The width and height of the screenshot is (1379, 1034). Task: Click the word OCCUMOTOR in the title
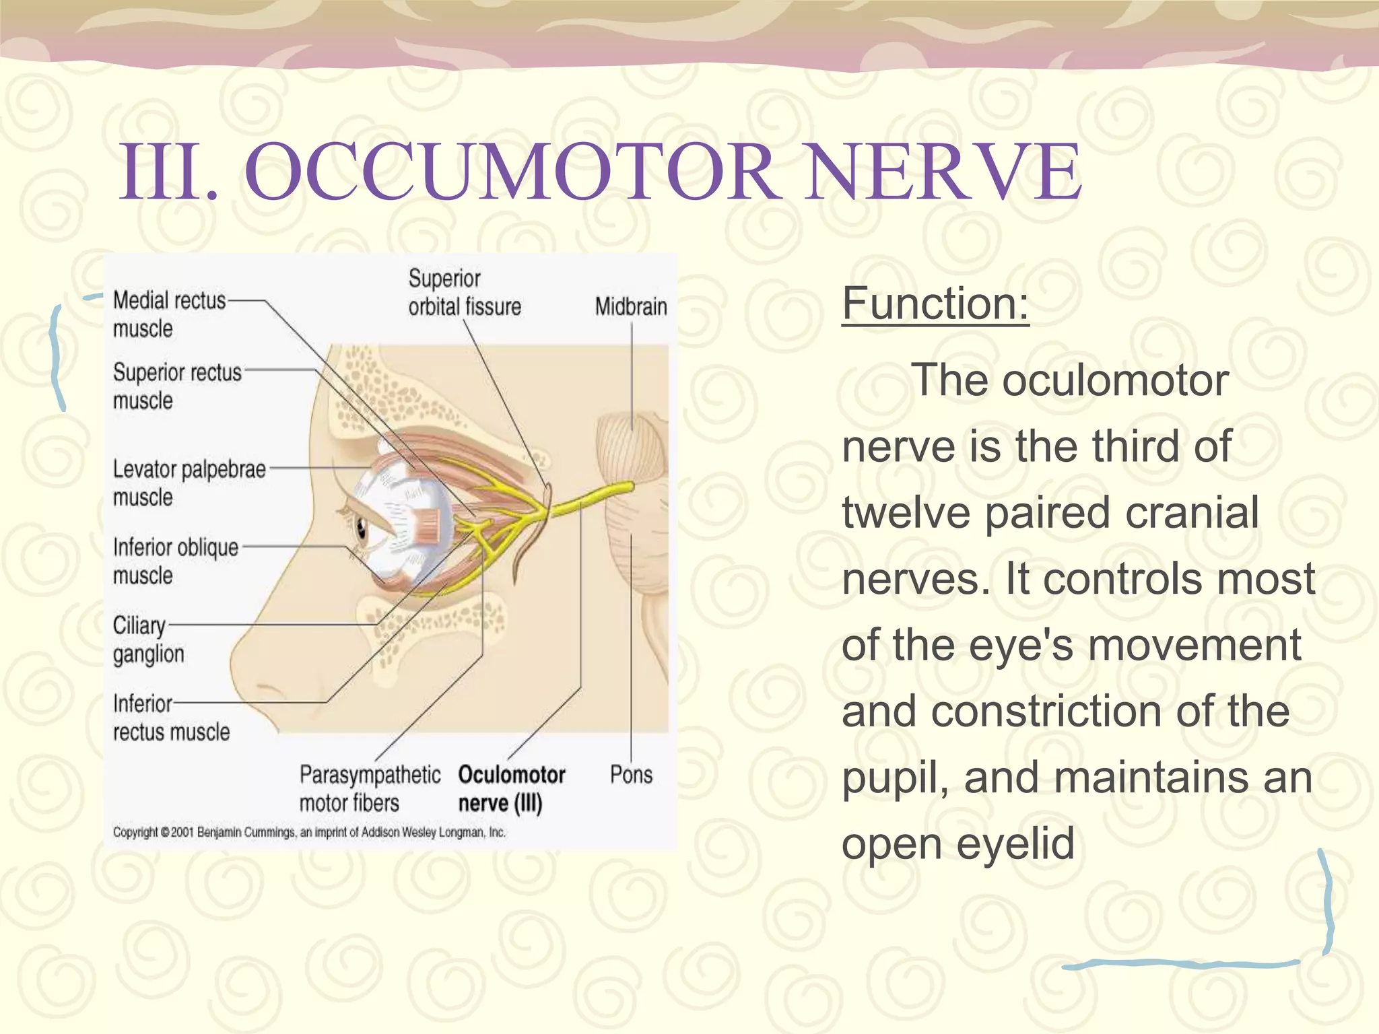(x=512, y=172)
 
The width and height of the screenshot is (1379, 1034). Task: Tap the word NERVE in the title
(x=943, y=172)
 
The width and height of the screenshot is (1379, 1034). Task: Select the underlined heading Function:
(x=935, y=304)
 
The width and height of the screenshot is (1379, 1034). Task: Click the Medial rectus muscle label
(x=168, y=314)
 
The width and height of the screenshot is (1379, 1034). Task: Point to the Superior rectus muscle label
(x=176, y=386)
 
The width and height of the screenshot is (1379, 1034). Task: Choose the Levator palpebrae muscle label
(x=189, y=483)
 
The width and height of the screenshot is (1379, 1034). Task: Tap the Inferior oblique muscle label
(x=175, y=561)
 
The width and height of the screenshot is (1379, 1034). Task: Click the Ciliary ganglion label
(x=148, y=640)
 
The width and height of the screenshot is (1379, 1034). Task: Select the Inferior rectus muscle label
(x=171, y=718)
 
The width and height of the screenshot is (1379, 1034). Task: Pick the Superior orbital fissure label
(x=464, y=293)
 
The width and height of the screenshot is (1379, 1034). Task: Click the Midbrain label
(x=630, y=307)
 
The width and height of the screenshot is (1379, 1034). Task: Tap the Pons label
(x=630, y=775)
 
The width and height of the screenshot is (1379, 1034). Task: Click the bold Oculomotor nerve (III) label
(x=511, y=788)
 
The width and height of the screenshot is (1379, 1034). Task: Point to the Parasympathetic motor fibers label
(x=369, y=788)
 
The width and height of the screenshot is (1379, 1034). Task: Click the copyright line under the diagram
(x=309, y=833)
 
